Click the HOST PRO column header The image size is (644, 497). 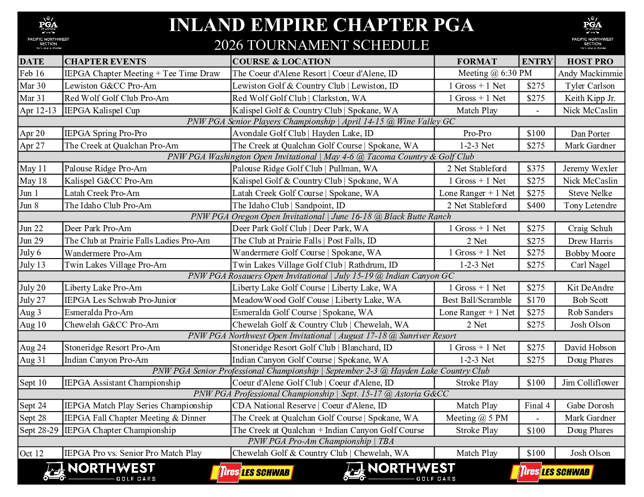point(590,62)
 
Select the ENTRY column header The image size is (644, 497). point(537,62)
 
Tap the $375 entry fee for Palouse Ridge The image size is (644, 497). point(536,169)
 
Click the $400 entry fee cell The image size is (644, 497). point(536,206)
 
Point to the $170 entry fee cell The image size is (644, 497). point(536,300)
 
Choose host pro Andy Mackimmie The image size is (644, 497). point(590,74)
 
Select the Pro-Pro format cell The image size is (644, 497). point(477,133)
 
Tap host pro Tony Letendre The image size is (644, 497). point(590,206)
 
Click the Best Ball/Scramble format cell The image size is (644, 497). point(477,300)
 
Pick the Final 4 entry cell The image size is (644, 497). point(537,406)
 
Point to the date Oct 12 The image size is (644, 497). point(32,453)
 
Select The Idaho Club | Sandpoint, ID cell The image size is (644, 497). point(289,206)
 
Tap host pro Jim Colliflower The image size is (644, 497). point(590,383)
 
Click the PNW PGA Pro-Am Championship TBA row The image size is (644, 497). point(321,441)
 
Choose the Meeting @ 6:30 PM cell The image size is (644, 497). point(495,73)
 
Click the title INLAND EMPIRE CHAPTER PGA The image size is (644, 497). point(321,25)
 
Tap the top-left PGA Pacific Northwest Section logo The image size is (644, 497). point(48,33)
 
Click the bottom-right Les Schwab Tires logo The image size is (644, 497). point(552,472)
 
